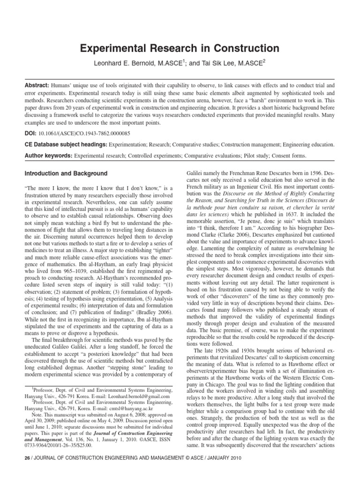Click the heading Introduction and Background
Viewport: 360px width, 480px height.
click(66, 173)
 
